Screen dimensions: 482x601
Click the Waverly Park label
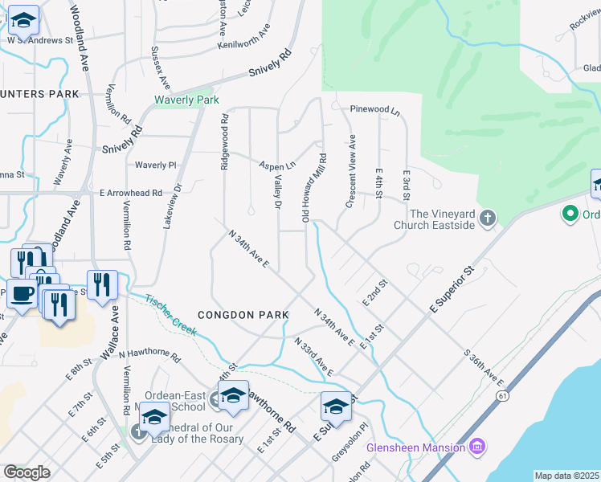[x=186, y=100]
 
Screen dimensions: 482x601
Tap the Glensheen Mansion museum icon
[x=477, y=446]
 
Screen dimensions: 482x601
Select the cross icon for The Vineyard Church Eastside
[x=486, y=218]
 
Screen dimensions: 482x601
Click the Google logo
[x=27, y=472]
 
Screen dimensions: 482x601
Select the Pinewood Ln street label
[x=374, y=108]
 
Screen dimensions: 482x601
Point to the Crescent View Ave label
[x=350, y=172]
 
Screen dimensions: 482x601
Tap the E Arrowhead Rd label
[x=131, y=193]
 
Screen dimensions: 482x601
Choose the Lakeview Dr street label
[x=168, y=206]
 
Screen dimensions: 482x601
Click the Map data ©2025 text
[x=566, y=476]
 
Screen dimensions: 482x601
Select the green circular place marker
[x=570, y=214]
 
